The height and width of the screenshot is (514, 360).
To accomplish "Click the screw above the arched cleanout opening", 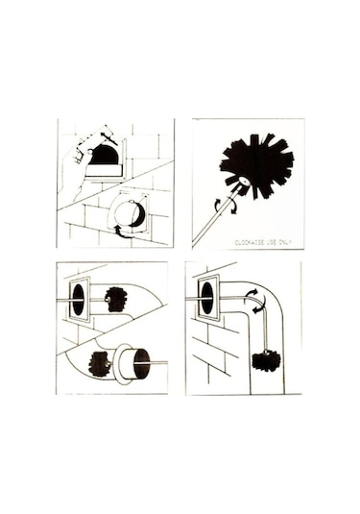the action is point(108,138).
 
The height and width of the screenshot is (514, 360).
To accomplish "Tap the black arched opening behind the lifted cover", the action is point(104,155).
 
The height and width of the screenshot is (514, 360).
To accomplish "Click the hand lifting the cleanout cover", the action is point(74,170).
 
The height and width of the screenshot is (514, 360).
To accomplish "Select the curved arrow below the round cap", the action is point(122,232).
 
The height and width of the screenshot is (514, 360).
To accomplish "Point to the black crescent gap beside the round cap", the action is point(140,214).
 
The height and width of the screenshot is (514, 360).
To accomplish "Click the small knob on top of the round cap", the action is point(132,202).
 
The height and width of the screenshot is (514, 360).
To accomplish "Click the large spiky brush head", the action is point(258,165).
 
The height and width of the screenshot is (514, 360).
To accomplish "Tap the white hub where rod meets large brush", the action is point(244,181).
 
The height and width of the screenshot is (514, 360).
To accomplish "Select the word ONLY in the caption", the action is point(285,242).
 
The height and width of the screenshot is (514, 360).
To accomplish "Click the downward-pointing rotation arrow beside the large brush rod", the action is point(233,208).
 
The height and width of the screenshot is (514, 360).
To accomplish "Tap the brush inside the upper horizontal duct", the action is point(115,299).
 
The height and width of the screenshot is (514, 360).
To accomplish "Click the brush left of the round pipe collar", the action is point(99,364).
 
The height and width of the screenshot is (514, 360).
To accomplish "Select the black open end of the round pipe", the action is point(142,363).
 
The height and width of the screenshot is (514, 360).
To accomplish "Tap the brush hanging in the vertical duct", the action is point(266,360).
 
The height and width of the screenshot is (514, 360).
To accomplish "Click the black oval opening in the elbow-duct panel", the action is point(207,298).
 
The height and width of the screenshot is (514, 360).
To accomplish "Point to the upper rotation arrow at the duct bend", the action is point(252,293).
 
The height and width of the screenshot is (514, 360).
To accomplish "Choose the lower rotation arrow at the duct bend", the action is point(259,308).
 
